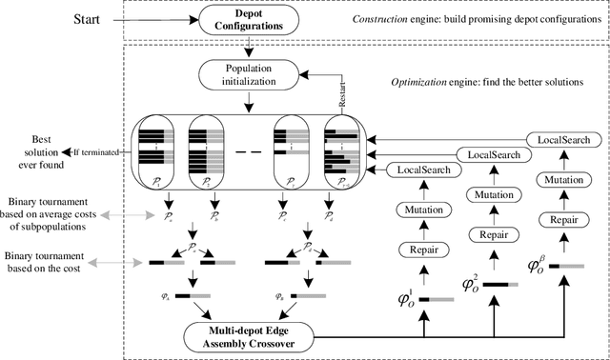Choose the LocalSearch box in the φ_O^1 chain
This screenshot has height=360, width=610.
pos(420,170)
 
